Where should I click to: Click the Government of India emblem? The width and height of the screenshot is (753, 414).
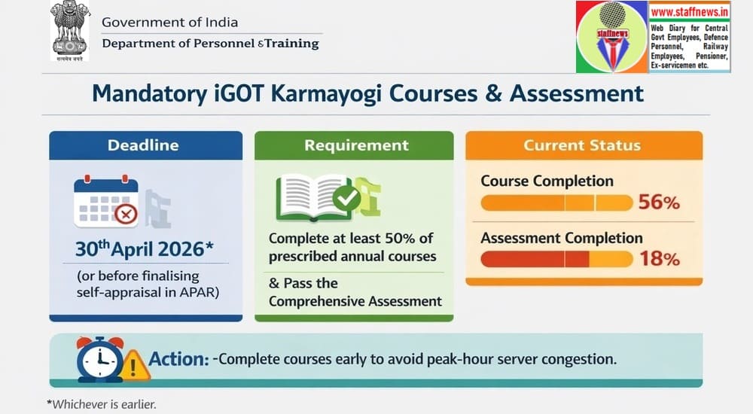70,31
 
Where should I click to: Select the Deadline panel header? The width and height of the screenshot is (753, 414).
146,145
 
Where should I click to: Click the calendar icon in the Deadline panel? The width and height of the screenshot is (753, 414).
106,202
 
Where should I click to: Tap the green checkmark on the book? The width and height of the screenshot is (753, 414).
346,199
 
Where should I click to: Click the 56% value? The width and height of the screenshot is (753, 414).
659,202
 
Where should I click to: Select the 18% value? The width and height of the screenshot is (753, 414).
659,259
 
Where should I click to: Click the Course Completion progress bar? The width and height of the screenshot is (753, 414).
556,202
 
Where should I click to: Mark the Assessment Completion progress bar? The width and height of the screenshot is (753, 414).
556,259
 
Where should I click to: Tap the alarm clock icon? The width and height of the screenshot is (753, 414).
99,358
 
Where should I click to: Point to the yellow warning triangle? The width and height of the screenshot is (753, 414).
135,364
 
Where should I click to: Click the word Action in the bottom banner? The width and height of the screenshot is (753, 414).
178,359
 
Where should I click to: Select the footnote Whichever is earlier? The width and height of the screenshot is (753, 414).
102,404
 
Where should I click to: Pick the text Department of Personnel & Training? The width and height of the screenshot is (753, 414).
210,44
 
